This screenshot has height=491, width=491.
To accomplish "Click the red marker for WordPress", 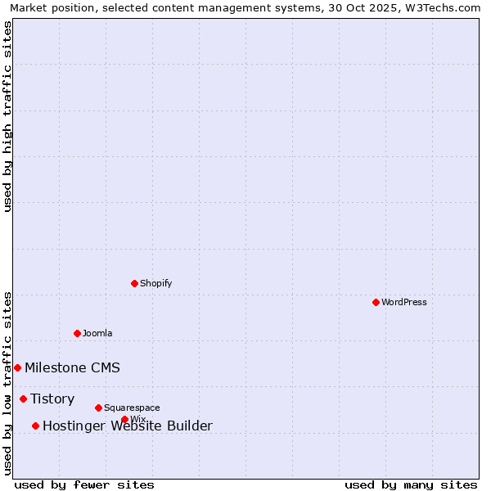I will click(x=376, y=302).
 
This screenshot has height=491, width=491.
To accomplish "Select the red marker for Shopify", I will click(x=134, y=283).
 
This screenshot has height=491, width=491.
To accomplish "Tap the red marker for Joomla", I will click(x=77, y=333).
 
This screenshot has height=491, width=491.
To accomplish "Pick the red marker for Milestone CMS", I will click(x=17, y=367).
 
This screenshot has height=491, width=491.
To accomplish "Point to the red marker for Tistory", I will click(x=23, y=399).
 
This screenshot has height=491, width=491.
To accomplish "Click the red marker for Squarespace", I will click(x=98, y=408).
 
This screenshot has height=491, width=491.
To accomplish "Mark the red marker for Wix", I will click(x=124, y=419).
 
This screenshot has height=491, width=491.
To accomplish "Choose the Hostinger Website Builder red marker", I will click(x=35, y=426).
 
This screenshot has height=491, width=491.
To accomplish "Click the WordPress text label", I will click(x=404, y=302).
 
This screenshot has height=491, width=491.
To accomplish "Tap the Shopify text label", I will click(x=156, y=283).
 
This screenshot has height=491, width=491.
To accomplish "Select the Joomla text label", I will click(x=97, y=333).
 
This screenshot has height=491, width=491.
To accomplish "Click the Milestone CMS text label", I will click(x=72, y=367).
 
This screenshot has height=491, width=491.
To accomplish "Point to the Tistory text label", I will click(x=52, y=399).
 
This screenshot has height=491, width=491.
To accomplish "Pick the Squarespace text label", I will click(x=132, y=408).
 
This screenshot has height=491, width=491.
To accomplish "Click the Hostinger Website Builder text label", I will click(x=127, y=426).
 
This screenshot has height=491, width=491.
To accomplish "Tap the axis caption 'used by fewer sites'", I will click(x=84, y=484).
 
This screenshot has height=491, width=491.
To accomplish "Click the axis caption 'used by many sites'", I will click(x=411, y=484).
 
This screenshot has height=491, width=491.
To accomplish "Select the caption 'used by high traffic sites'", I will click(x=7, y=116).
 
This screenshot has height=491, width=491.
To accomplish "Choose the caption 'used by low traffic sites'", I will click(x=7, y=383).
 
